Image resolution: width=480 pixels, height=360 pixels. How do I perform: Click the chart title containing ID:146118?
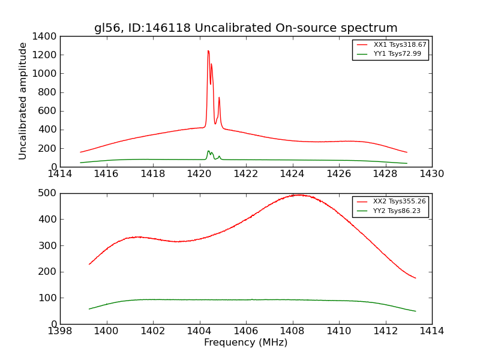(245, 28)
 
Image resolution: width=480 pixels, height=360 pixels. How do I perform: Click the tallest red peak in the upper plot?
(208, 51)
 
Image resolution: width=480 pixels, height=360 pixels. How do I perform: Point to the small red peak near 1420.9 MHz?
(219, 97)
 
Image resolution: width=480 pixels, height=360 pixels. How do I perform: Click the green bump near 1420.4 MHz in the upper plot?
(208, 151)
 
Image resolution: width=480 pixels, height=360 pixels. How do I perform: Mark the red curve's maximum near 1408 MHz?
(298, 194)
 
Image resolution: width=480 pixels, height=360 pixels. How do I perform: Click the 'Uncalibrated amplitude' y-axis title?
(23, 101)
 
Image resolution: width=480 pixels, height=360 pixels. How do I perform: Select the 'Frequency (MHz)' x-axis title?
(245, 343)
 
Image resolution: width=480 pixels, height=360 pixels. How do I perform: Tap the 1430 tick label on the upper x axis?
(431, 174)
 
